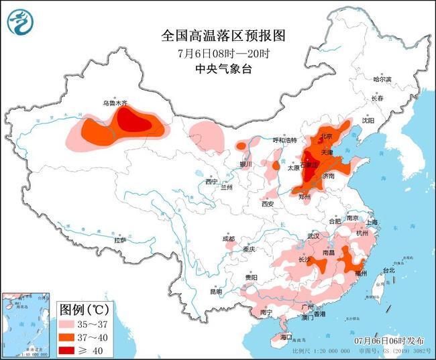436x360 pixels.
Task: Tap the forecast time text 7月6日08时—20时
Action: (214, 53)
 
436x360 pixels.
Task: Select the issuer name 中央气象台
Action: (214, 69)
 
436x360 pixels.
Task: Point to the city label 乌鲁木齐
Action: (115, 103)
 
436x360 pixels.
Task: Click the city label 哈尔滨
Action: (382, 80)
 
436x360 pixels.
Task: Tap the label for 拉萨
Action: (120, 239)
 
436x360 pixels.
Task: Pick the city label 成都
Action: (228, 239)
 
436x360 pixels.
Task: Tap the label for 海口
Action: (286, 335)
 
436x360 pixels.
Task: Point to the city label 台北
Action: (388, 271)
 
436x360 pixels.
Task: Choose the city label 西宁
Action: (212, 182)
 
